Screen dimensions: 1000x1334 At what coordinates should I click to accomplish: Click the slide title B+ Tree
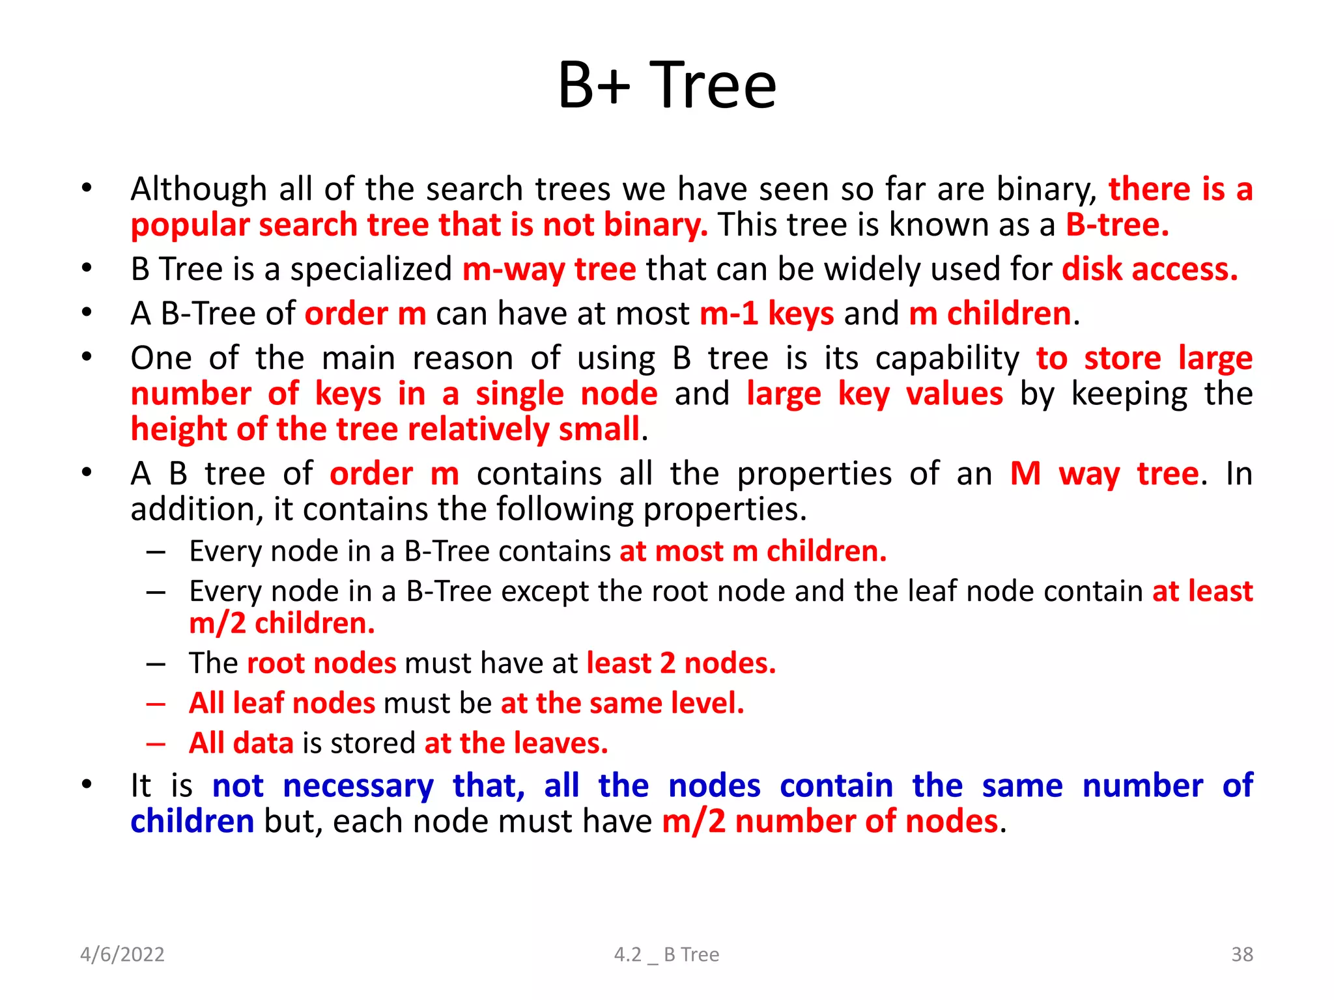coord(667,85)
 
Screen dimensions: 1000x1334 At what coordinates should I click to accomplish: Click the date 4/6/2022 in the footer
coord(122,954)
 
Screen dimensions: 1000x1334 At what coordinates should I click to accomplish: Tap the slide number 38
coord(1242,954)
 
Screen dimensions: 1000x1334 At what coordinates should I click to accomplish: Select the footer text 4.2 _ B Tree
coord(666,954)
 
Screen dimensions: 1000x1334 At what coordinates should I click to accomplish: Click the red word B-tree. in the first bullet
coord(1117,225)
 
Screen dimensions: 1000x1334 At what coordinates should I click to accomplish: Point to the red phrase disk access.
coord(1150,270)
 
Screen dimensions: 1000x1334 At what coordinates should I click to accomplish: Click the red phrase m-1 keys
coord(767,314)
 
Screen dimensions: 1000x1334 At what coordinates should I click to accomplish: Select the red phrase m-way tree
coord(549,270)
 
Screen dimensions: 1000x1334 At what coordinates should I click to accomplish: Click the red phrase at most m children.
coord(753,551)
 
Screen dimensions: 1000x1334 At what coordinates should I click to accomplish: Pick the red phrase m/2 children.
coord(282,624)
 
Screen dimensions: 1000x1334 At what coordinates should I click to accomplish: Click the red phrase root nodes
coord(322,663)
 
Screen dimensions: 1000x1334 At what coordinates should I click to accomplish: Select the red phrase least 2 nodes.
coord(681,663)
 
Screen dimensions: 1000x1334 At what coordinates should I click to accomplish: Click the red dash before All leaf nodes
coord(156,704)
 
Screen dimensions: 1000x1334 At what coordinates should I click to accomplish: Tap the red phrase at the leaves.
coord(517,743)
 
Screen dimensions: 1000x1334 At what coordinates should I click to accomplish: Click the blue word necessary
coord(358,786)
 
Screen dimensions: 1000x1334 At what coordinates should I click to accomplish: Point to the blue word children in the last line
coord(192,822)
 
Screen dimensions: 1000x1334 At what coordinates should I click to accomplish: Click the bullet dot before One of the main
coord(87,357)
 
